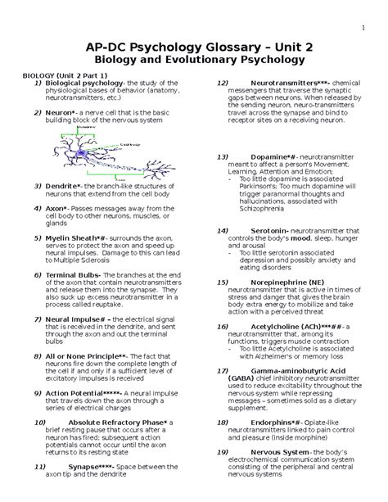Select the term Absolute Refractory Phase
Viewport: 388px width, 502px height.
[115, 423]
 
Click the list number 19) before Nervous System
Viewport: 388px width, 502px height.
[221, 452]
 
